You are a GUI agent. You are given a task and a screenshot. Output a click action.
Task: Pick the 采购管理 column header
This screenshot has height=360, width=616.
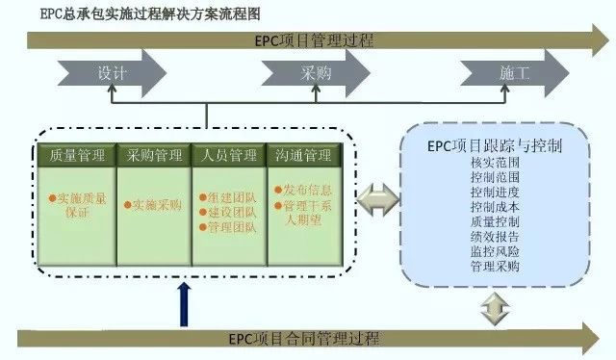click(x=153, y=155)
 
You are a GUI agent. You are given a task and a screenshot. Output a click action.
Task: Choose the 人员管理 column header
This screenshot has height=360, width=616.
click(x=229, y=155)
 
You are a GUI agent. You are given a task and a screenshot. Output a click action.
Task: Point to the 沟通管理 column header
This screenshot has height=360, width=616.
click(x=303, y=155)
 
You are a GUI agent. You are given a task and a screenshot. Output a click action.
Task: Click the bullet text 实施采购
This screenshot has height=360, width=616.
click(x=156, y=204)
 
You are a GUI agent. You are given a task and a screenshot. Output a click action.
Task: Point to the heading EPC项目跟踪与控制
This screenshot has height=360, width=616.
click(x=495, y=146)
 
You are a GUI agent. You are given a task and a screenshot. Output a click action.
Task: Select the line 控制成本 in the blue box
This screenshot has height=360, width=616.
click(x=496, y=207)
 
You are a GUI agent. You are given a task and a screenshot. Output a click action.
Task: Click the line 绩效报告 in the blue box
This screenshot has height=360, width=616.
click(x=496, y=236)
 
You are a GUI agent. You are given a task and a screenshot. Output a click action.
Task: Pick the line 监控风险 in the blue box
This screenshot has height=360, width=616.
click(x=496, y=251)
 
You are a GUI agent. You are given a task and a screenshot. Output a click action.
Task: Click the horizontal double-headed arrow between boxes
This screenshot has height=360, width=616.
click(x=376, y=203)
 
